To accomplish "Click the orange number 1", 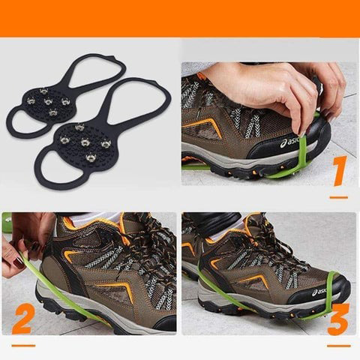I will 337,171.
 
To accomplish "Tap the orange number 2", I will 24,319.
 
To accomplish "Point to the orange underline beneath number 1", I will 338,197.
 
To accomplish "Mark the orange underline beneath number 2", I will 23,345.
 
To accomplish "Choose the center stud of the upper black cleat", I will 49,100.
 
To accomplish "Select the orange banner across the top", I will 180,18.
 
